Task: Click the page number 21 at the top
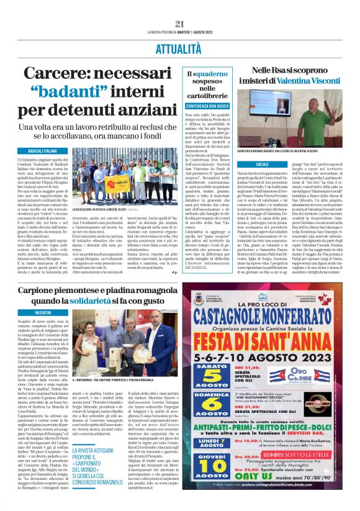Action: pos(180,24)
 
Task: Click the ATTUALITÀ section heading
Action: pos(180,47)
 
